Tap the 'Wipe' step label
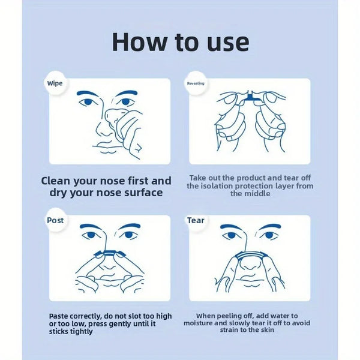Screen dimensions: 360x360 click(x=55, y=83)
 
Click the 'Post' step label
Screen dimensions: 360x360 click(x=55, y=220)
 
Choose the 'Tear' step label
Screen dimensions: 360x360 click(x=196, y=220)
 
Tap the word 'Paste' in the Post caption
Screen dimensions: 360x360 click(x=61, y=316)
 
